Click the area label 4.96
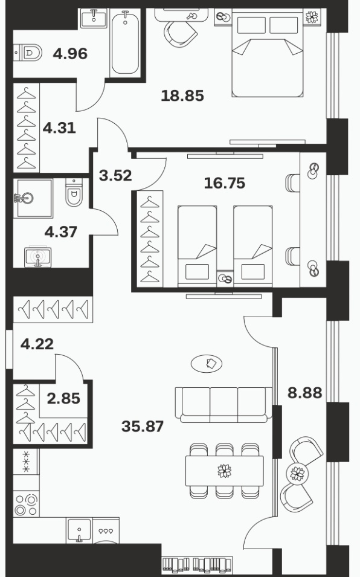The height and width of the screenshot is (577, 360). [70, 54]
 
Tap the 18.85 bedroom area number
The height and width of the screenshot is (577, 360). [182, 95]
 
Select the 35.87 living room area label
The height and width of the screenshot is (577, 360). [143, 426]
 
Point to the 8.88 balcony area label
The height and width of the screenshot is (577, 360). [304, 393]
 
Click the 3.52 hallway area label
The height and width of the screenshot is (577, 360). [115, 176]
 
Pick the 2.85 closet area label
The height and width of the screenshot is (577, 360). [63, 398]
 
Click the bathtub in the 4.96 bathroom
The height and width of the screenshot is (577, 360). [126, 42]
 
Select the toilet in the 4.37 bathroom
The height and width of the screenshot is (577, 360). [74, 192]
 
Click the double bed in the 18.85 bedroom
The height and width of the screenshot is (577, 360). [268, 55]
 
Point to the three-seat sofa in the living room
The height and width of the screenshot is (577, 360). [223, 404]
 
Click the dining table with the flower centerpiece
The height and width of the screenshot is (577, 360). [224, 471]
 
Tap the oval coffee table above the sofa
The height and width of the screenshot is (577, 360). [207, 364]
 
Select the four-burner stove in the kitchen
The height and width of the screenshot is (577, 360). [26, 504]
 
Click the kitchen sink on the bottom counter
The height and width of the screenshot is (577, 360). [79, 530]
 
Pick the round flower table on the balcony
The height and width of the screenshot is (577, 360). [297, 473]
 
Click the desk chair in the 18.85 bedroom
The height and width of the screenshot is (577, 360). [180, 33]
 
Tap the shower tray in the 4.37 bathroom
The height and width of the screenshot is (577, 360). [33, 198]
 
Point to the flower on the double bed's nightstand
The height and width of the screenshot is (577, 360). [312, 16]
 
